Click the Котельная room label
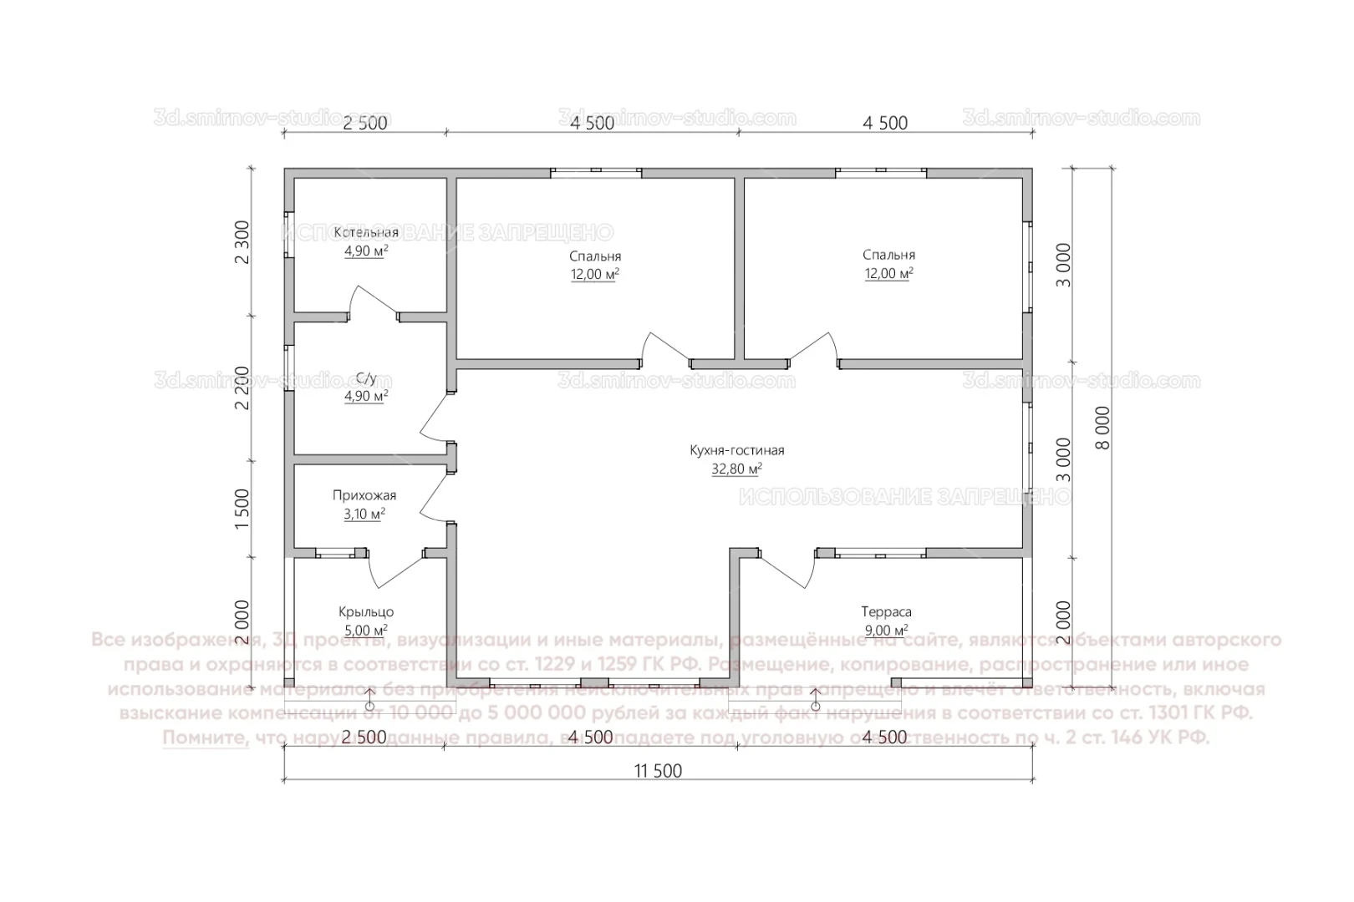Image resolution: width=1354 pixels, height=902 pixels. pyautogui.click(x=366, y=232)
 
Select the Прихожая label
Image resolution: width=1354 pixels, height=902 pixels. pyautogui.click(x=364, y=496)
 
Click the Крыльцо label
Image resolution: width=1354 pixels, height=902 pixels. pyautogui.click(x=366, y=612)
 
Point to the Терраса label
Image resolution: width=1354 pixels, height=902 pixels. pyautogui.click(x=886, y=612)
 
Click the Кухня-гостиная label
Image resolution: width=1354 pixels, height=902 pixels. pyautogui.click(x=736, y=451)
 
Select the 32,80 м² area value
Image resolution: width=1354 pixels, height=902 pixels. pyautogui.click(x=736, y=469)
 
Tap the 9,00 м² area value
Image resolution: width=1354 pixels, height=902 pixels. pyautogui.click(x=886, y=631)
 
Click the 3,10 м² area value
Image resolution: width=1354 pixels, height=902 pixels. pyautogui.click(x=364, y=514)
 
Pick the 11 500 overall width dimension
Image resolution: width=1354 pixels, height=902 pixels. pyautogui.click(x=658, y=771)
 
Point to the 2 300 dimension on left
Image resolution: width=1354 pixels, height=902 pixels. pyautogui.click(x=242, y=242)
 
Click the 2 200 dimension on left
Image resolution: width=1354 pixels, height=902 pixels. pyautogui.click(x=242, y=388)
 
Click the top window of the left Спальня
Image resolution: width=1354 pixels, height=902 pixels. pyautogui.click(x=596, y=173)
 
